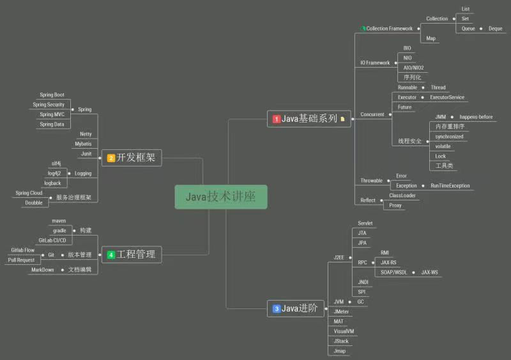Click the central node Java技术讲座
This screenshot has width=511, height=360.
click(221, 197)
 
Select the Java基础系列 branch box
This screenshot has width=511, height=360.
click(309, 118)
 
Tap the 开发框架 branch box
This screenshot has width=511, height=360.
click(132, 157)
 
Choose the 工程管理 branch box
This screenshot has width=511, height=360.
click(132, 254)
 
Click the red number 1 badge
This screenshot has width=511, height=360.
click(277, 119)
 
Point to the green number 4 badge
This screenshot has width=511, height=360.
click(111, 255)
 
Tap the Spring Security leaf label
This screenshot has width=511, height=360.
click(49, 105)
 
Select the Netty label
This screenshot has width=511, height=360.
click(86, 134)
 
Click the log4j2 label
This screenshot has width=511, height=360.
click(54, 173)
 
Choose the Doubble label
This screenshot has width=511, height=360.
click(34, 203)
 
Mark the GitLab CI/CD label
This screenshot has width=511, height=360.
click(52, 240)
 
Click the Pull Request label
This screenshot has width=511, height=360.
click(21, 260)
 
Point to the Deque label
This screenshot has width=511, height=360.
click(496, 29)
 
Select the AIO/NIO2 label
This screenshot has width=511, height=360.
click(413, 68)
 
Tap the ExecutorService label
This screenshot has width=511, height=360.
click(447, 98)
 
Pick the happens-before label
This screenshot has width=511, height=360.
click(477, 117)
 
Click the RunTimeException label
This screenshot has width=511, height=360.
click(450, 186)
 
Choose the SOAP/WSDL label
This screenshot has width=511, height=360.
click(393, 272)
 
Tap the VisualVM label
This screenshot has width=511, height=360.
click(344, 331)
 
